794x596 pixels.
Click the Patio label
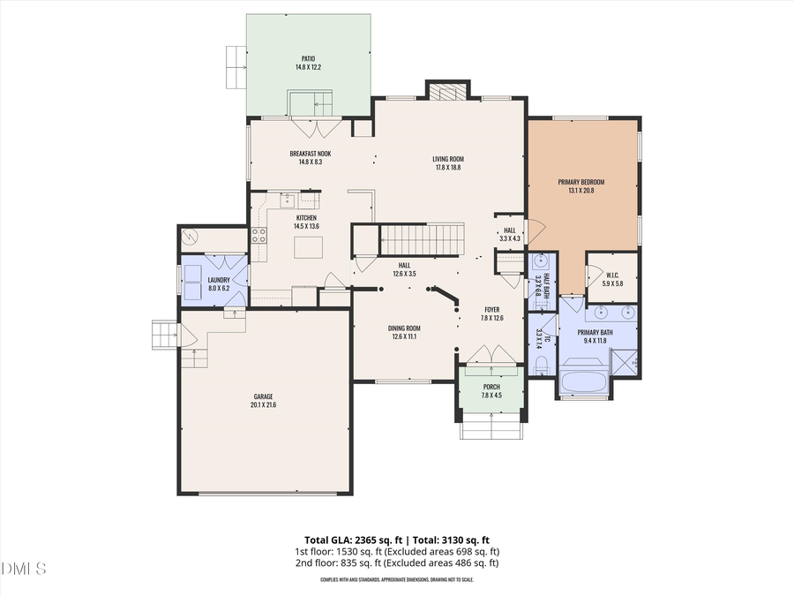point(307,59)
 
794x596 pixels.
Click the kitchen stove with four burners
point(259,235)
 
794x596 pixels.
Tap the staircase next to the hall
point(422,238)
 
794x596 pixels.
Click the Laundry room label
point(218,280)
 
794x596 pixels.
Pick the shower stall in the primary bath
point(625,361)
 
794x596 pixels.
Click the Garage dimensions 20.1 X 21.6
point(263,404)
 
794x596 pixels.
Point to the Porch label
point(491,387)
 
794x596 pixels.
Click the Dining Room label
point(404,328)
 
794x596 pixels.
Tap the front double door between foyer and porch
point(491,355)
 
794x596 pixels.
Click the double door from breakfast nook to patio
point(312,129)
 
